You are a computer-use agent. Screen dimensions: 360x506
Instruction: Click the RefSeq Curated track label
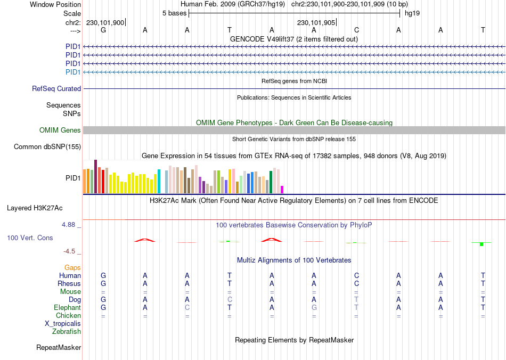point(56,89)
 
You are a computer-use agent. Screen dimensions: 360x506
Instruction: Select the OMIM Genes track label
point(60,130)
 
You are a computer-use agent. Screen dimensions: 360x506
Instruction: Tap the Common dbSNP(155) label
point(47,147)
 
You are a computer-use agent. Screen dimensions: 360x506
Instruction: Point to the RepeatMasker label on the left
point(59,348)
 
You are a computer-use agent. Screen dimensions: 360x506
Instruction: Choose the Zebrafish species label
point(67,332)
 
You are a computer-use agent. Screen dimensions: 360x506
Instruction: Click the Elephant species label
point(67,308)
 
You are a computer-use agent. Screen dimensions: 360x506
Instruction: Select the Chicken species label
point(68,316)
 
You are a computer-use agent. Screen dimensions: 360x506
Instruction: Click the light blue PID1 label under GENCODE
point(73,72)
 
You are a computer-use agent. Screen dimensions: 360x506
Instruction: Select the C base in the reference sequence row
point(356,30)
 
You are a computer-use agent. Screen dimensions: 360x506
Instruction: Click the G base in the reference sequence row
point(103,30)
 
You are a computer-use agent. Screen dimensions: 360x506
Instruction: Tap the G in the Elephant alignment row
point(314,308)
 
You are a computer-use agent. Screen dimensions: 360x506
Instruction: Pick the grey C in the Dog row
point(230,300)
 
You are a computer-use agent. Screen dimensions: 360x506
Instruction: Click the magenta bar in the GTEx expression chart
point(282,189)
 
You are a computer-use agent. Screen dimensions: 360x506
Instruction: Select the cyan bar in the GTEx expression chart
point(159,181)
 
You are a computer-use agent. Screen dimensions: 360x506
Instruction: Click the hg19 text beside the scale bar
point(412,13)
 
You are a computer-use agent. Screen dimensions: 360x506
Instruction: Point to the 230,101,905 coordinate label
point(316,23)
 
